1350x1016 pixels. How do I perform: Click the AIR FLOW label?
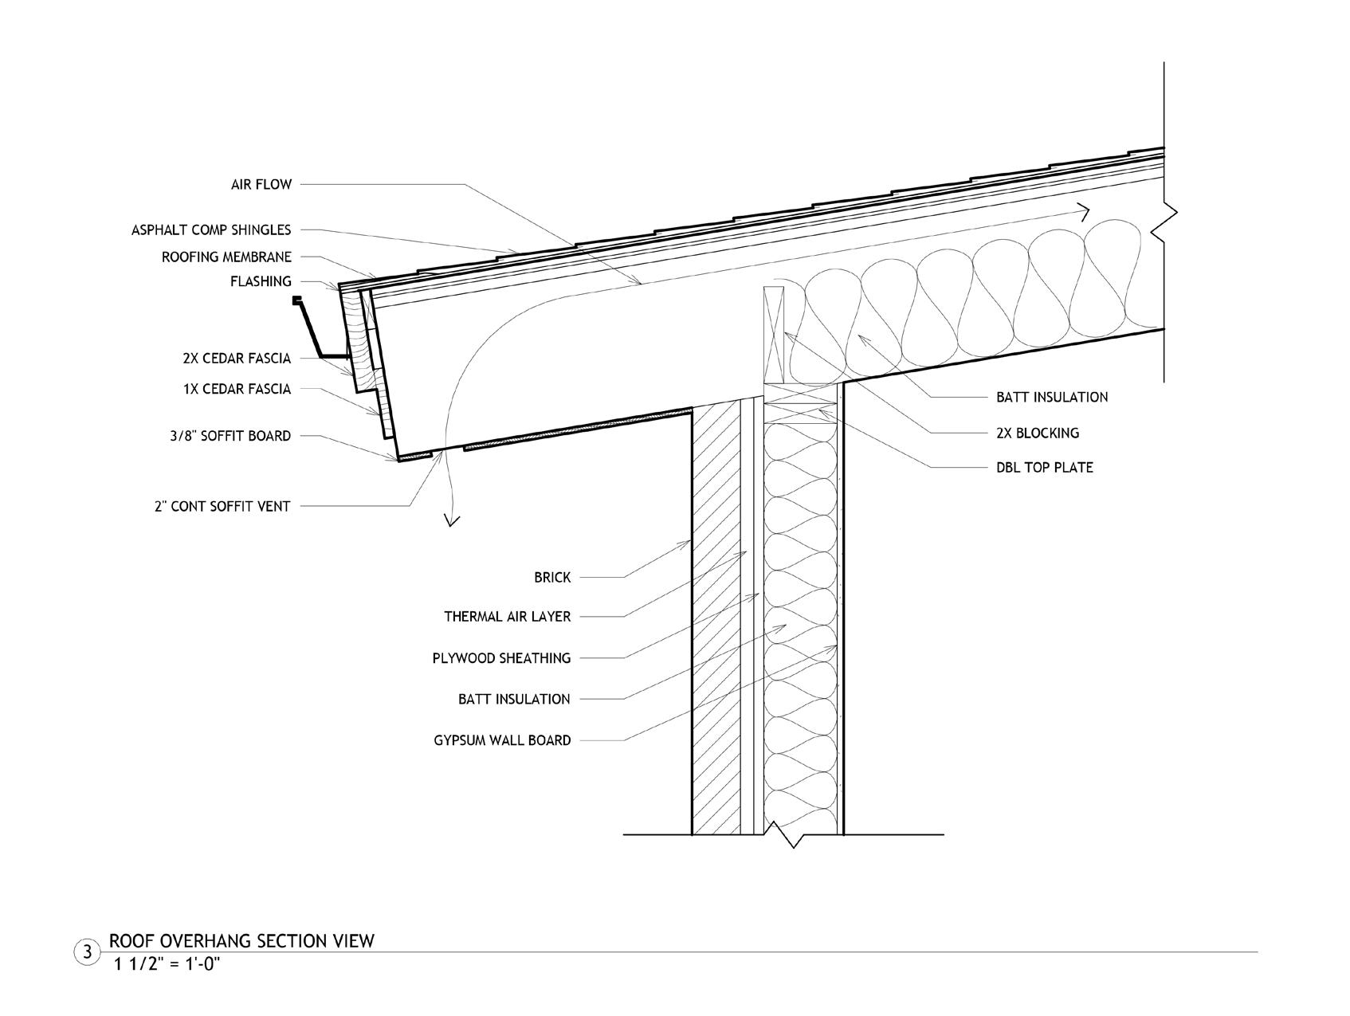pos(261,185)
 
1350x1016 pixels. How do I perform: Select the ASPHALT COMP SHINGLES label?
pos(211,230)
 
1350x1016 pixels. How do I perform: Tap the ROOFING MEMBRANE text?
pos(226,257)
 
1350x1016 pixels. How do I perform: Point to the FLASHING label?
pos(261,281)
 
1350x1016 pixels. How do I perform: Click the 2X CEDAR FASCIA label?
pos(236,359)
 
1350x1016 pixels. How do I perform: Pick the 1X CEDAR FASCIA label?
pos(236,390)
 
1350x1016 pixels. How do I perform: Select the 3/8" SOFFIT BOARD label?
pos(230,436)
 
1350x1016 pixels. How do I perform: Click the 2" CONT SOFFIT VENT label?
pos(222,506)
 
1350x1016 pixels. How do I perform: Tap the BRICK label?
pos(552,578)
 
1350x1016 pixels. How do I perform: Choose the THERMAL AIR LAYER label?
pos(507,617)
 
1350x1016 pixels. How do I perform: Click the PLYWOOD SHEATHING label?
pos(501,658)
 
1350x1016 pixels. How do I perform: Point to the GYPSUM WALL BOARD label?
pos(502,740)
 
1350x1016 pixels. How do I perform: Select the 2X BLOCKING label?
pos(1037,433)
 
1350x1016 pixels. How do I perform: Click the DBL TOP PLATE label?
pos(1044,467)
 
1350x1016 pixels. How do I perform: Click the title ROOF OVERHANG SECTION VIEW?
pos(241,941)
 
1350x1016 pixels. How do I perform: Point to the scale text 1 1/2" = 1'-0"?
pos(167,964)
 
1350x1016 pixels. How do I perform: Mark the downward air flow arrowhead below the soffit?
pos(453,520)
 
